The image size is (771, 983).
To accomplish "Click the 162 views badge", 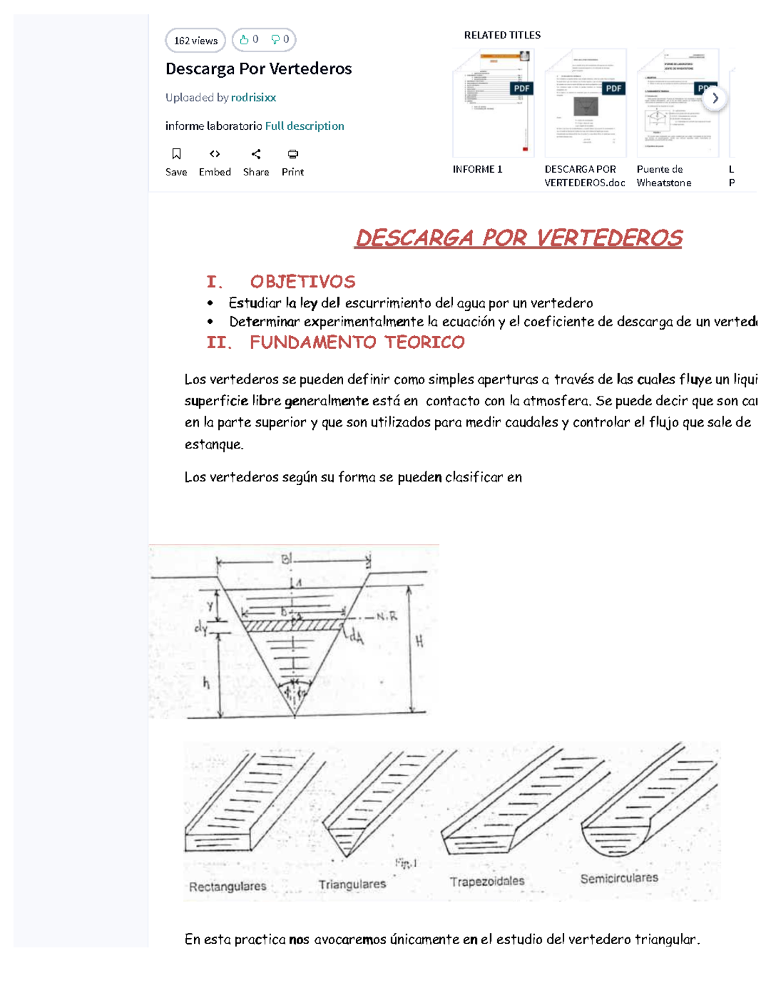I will click(x=195, y=40).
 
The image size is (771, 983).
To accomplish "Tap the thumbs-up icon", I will click(x=244, y=40).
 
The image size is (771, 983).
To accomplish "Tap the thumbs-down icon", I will click(x=275, y=40).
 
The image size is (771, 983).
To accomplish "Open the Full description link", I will click(x=305, y=126).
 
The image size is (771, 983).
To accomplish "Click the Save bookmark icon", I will click(x=176, y=154).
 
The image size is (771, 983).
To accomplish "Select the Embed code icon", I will click(x=215, y=154).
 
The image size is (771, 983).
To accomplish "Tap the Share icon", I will click(x=256, y=154).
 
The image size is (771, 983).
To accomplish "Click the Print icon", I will click(x=292, y=154).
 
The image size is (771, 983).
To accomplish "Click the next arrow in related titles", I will click(x=714, y=98).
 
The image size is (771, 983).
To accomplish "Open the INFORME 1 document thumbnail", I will click(x=493, y=103).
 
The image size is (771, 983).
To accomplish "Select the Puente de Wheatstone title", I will click(x=664, y=176).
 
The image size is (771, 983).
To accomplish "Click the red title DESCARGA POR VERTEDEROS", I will click(x=518, y=238).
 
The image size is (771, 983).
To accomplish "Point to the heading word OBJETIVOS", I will click(x=303, y=282).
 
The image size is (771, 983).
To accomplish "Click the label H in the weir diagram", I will click(x=420, y=641).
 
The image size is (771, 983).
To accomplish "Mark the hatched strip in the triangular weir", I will click(x=293, y=624).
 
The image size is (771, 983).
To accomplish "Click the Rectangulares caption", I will click(x=227, y=887).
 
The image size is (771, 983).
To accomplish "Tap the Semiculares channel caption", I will click(x=619, y=878).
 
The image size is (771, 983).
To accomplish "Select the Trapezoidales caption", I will click(x=486, y=881).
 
